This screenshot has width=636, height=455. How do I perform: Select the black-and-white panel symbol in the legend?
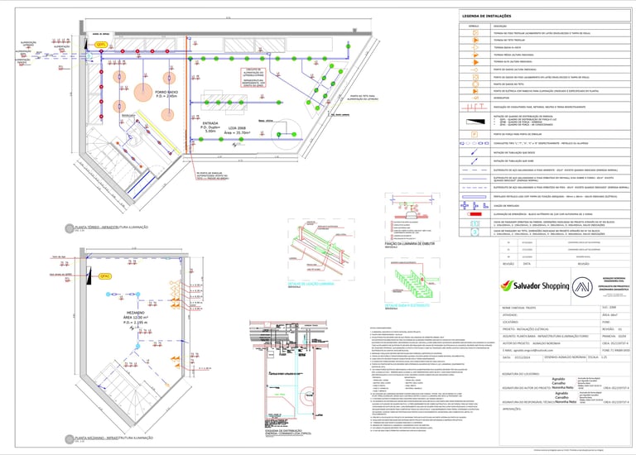(x=475, y=122)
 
